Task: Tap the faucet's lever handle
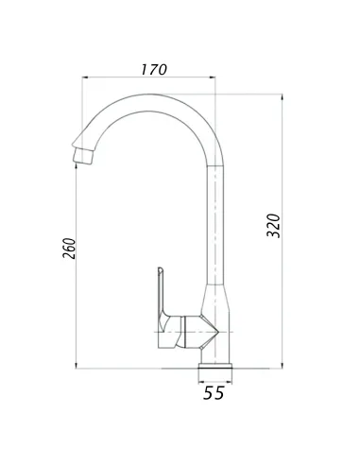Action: pos(162,302)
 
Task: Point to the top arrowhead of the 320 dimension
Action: pos(284,97)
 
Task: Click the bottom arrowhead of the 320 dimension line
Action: pos(284,366)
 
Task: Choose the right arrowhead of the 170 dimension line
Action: pos(216,79)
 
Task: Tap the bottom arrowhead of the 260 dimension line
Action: pos(77,366)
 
